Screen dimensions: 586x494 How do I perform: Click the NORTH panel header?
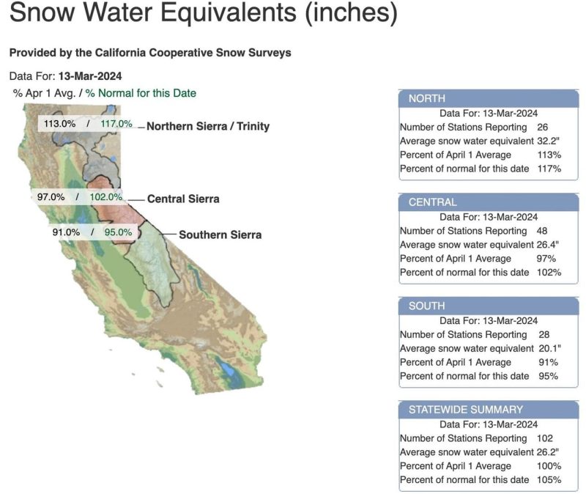point(489,99)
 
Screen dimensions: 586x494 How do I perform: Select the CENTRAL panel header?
point(489,202)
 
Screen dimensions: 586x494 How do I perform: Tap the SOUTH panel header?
point(489,306)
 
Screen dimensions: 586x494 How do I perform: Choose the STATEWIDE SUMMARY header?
point(489,410)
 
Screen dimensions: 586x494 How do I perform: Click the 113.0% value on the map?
point(60,123)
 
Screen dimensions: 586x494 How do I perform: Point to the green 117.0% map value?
point(116,123)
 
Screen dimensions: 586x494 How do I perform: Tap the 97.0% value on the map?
point(51,196)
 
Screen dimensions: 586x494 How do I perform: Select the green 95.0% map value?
point(118,232)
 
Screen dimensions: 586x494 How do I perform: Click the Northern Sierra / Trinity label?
point(208,126)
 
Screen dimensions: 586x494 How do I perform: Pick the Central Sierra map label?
point(183,199)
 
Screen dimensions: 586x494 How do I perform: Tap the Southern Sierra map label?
point(220,235)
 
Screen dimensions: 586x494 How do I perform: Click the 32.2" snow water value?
point(548,141)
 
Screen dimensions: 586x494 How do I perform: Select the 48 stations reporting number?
point(542,231)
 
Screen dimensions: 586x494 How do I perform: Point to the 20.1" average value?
point(550,349)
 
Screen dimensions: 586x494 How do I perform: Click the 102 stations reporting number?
point(545,438)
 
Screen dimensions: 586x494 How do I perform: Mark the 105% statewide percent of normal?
point(549,480)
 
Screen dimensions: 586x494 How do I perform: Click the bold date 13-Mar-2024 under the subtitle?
point(90,76)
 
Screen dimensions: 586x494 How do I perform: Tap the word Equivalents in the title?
point(229,12)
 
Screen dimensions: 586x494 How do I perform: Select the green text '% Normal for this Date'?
point(141,93)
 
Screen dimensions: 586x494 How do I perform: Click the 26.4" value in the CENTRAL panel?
point(548,245)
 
